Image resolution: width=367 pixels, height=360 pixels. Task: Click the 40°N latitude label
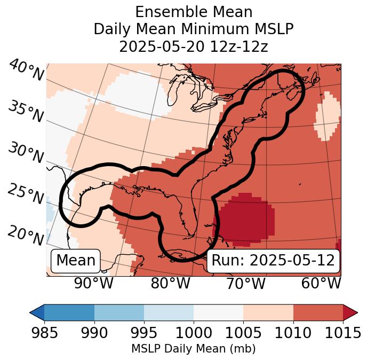(26, 71)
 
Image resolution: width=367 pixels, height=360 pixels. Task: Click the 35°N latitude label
(26, 111)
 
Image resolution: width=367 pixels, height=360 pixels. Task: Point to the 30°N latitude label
(26, 153)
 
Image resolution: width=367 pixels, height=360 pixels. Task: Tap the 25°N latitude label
(26, 194)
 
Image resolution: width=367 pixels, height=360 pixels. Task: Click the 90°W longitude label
(94, 283)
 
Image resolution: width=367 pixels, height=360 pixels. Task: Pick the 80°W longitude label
(171, 283)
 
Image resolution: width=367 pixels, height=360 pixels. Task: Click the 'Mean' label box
(76, 261)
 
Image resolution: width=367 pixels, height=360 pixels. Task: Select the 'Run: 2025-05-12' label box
(273, 261)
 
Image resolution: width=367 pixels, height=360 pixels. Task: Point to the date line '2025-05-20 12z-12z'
(194, 46)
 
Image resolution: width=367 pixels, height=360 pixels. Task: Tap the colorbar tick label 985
(44, 333)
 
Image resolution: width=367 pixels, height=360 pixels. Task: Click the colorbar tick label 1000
(194, 333)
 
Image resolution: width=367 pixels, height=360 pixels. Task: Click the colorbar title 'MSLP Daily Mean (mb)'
(194, 349)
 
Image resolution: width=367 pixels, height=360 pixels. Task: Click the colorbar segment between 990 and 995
(119, 312)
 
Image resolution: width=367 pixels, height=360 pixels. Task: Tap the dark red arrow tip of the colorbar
(350, 312)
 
